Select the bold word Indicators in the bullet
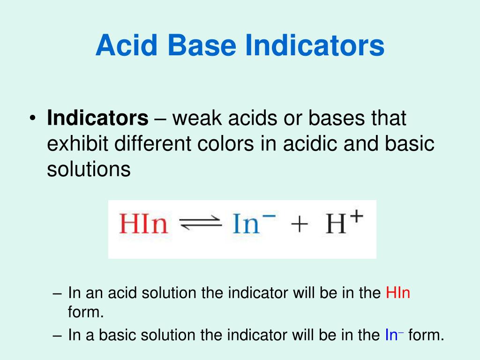(x=97, y=118)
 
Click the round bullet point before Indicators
(x=32, y=119)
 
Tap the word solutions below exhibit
(x=89, y=169)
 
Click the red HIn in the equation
(x=143, y=224)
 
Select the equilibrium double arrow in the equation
(x=201, y=224)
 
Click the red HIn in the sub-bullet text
(x=398, y=293)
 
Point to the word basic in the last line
(x=115, y=335)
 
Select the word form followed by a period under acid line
(x=85, y=312)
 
